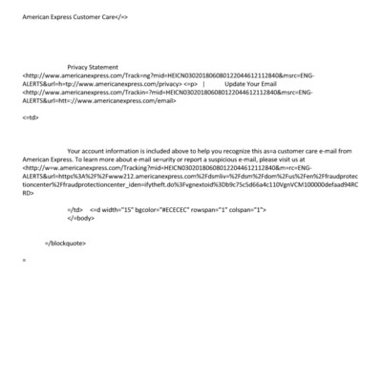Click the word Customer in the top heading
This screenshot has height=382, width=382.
[x=92, y=17]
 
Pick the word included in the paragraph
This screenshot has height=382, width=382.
[x=178, y=151]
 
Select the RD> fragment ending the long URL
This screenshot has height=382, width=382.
[x=28, y=192]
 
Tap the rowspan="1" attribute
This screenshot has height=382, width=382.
[x=216, y=209]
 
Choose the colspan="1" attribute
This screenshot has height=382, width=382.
[x=254, y=209]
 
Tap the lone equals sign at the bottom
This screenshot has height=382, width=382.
[x=24, y=259]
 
